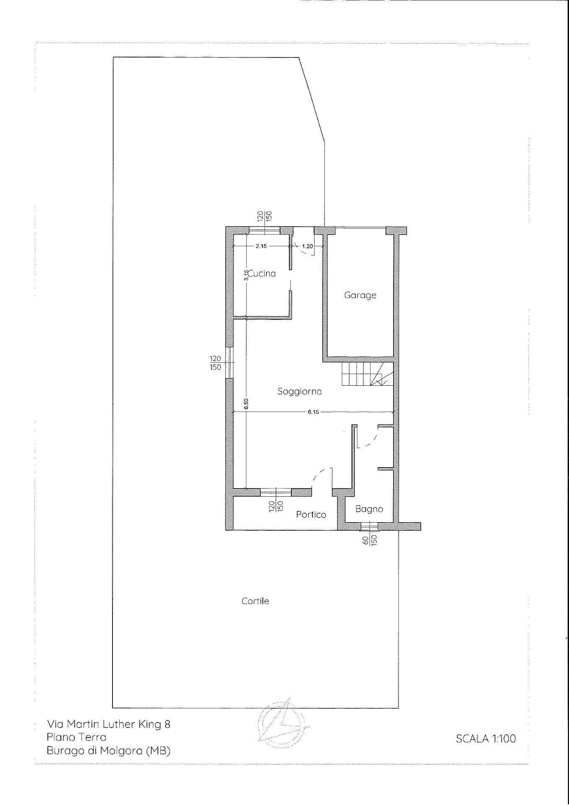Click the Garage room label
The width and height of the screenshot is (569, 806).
pos(360,295)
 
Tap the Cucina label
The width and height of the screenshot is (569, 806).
pos(262,274)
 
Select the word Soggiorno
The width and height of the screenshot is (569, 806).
pos(299,391)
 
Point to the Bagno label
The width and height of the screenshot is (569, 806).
pos(369,509)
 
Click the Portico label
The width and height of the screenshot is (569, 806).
pos(311,514)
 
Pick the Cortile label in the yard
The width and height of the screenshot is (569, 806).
pos(255,601)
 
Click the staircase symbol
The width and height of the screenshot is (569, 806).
pos(367,374)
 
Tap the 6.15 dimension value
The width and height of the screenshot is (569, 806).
pos(313,412)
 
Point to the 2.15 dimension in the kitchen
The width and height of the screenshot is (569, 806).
pos(261,246)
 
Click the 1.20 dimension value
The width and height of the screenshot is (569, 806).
pos(307,246)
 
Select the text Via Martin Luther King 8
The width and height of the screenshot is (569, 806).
pos(109,724)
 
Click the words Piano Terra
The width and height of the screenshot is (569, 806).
pos(76,737)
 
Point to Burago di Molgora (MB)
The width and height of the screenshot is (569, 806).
pos(109,751)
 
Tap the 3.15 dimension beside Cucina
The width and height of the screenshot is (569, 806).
pos(247,275)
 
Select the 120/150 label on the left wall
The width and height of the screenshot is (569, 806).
pos(215,363)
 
